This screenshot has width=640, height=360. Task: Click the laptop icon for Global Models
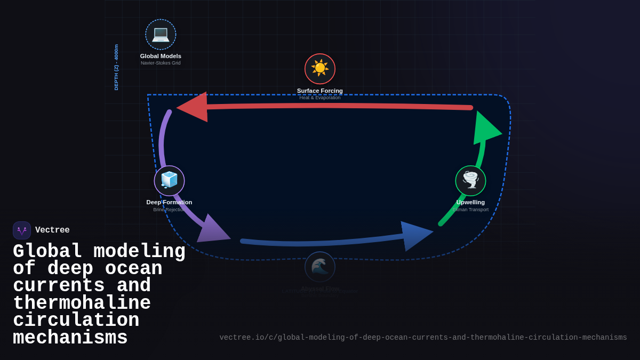[x=161, y=34]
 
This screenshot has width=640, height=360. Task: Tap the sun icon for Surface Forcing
[x=320, y=68]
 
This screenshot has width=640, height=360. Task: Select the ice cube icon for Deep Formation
[x=169, y=180]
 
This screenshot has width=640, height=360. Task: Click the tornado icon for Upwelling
[x=470, y=180]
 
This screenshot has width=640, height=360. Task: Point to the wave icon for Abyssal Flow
[x=320, y=267]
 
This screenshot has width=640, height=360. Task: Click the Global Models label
[x=161, y=56]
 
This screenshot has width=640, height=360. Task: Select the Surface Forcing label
[x=320, y=91]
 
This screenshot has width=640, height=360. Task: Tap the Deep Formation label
[x=169, y=202]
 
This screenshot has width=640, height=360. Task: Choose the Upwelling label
[x=470, y=202]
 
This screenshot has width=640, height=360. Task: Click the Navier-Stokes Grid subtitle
[x=161, y=63]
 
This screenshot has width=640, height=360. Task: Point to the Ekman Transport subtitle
[x=470, y=210]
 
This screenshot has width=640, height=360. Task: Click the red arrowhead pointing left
[x=193, y=107]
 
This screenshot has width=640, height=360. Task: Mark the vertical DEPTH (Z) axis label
[x=116, y=67]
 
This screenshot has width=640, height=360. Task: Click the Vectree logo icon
[x=22, y=230]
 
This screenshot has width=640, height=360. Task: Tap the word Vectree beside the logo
[x=52, y=230]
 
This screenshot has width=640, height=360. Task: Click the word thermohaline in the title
[x=82, y=303]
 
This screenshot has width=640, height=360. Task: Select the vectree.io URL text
[x=423, y=338]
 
